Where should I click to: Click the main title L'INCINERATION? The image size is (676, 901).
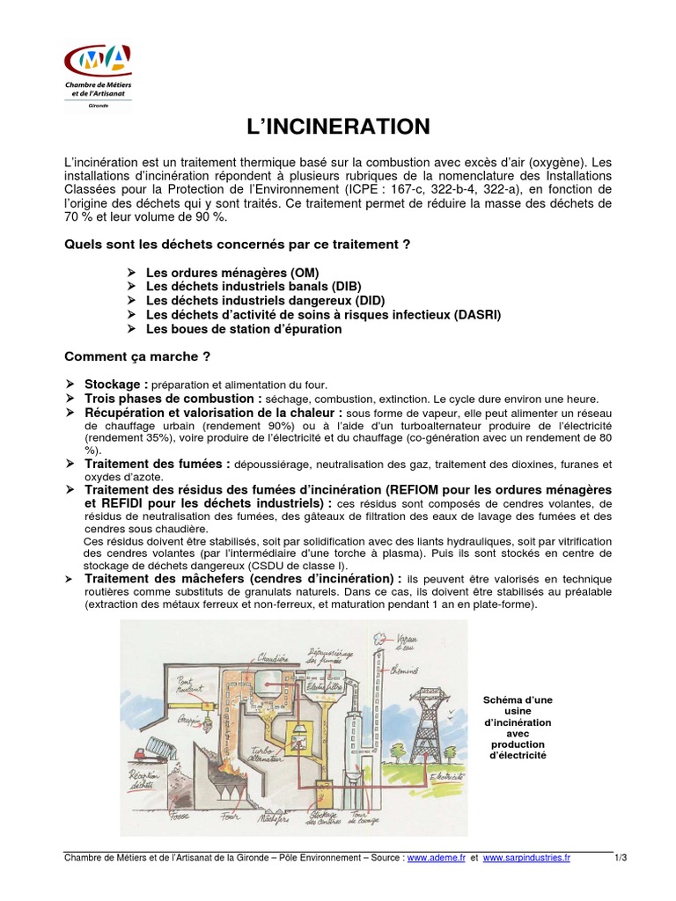click(337, 127)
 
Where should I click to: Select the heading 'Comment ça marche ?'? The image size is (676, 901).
click(137, 356)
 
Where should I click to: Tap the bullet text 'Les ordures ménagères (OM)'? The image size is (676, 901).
click(232, 273)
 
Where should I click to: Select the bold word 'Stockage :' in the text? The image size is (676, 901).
click(116, 385)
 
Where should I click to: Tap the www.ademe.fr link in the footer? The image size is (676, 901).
click(437, 858)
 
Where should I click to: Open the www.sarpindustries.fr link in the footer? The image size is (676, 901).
click(526, 858)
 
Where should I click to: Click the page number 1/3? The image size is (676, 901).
click(621, 858)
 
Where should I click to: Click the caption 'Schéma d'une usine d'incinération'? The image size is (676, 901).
click(518, 727)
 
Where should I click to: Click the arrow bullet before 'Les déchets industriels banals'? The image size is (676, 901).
click(131, 287)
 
